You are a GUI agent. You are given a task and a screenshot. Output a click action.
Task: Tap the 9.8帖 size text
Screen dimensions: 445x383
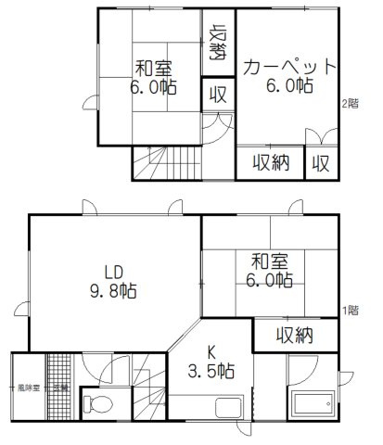(x=113, y=290)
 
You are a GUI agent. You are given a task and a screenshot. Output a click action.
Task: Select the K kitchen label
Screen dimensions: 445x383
(x=212, y=353)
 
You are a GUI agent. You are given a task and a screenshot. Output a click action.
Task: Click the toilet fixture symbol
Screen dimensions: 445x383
(x=96, y=404)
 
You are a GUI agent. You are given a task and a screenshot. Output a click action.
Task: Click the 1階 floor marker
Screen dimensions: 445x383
(x=351, y=311)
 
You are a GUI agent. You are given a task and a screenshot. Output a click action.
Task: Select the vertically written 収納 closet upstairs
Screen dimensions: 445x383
(x=218, y=43)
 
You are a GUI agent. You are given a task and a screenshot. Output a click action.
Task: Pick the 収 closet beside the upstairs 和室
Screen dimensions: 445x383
(x=218, y=94)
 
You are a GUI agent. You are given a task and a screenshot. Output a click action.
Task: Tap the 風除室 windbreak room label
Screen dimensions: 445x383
(x=25, y=386)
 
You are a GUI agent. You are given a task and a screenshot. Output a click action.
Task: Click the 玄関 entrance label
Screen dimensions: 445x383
(x=59, y=386)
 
